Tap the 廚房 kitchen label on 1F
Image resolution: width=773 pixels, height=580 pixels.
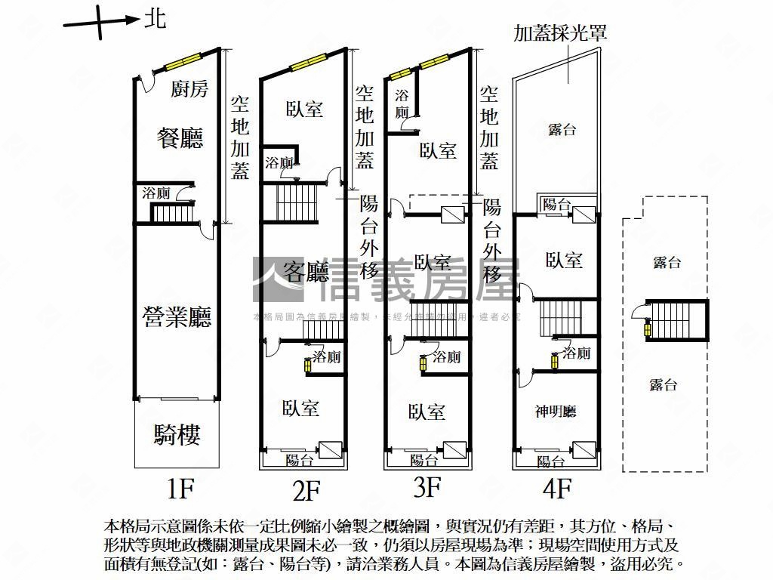[189, 90]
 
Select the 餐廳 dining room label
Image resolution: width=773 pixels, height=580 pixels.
[180, 137]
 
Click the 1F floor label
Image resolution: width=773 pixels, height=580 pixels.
[181, 490]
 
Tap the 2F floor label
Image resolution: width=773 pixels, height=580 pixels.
[306, 492]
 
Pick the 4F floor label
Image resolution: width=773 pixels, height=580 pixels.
[556, 489]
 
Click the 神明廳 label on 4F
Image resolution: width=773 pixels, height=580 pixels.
[556, 412]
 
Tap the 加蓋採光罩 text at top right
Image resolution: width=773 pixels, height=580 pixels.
[560, 33]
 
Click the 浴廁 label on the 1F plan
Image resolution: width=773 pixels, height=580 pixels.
[156, 193]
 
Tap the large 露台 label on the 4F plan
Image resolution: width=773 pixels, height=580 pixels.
[562, 130]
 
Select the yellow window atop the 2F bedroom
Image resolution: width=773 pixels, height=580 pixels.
[307, 63]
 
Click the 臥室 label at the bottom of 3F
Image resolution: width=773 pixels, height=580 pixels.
[427, 412]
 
